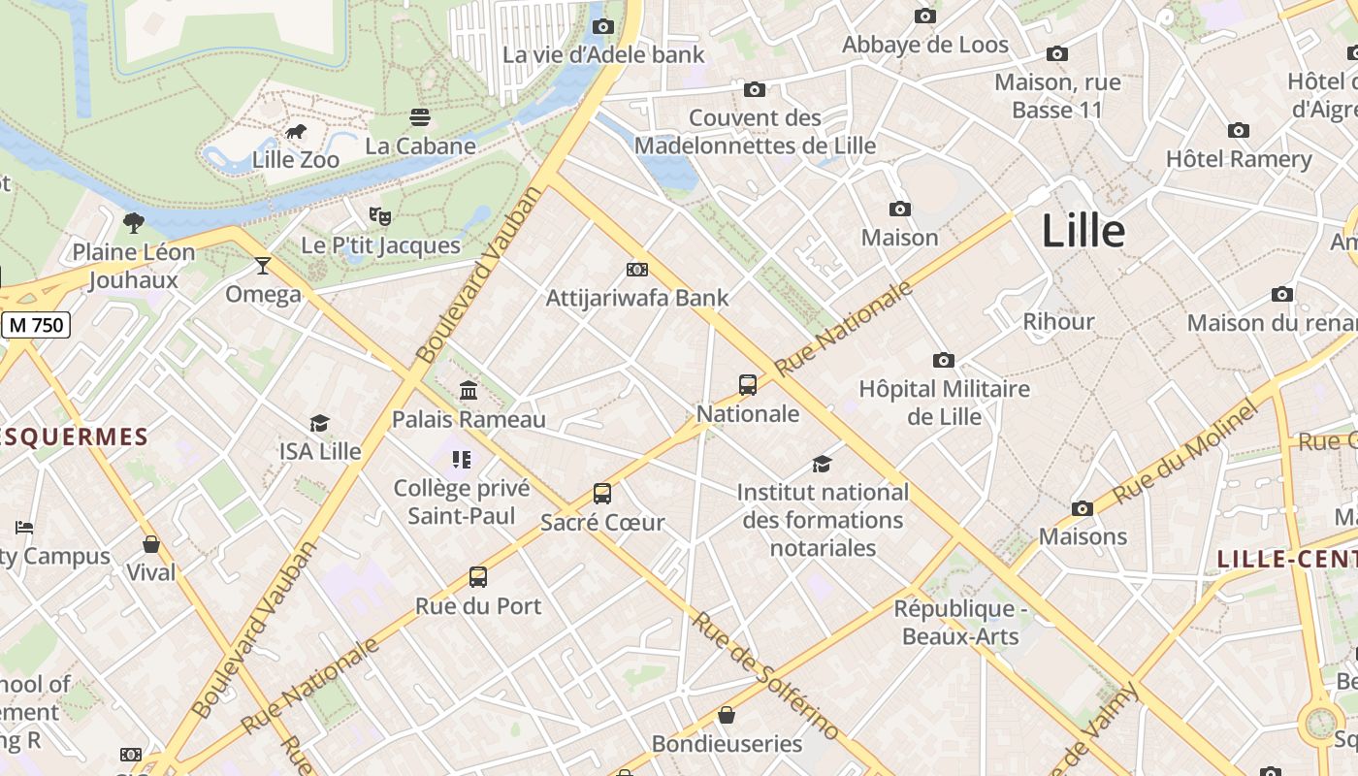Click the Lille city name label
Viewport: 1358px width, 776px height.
click(x=1083, y=232)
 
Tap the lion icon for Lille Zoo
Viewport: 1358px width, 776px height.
click(x=296, y=132)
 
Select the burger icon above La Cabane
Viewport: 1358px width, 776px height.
click(x=420, y=117)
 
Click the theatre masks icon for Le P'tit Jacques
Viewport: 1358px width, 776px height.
click(x=379, y=216)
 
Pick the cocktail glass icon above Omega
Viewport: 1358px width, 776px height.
click(x=263, y=265)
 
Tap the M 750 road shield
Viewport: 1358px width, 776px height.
click(x=37, y=325)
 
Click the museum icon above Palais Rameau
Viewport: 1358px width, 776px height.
click(x=469, y=390)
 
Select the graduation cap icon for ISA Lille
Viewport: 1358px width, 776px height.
click(x=319, y=423)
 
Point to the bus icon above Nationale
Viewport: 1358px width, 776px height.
click(x=748, y=385)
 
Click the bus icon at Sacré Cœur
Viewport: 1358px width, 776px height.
click(x=602, y=494)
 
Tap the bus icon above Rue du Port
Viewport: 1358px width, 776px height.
click(x=478, y=577)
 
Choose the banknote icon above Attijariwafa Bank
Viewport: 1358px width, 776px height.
click(x=637, y=270)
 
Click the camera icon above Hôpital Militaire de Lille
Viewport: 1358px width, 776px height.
click(x=944, y=361)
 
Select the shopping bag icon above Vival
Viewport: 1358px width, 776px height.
click(x=151, y=544)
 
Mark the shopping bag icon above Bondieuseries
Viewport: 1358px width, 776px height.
click(x=727, y=716)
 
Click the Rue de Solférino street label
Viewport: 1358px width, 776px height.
click(x=766, y=675)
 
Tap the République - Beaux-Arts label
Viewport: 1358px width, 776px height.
click(x=960, y=623)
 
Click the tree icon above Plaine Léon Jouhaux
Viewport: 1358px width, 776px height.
click(x=134, y=223)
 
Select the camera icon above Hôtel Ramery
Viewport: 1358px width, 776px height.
click(x=1239, y=131)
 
